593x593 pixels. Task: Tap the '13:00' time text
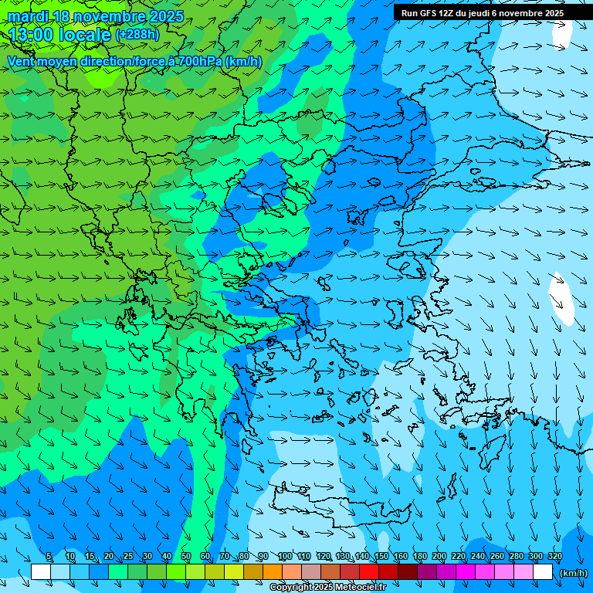click(32, 35)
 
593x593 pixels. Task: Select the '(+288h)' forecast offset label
click(137, 35)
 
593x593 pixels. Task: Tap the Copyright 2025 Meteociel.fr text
click(327, 587)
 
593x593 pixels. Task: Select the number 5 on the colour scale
click(49, 556)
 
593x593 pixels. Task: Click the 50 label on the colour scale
click(185, 556)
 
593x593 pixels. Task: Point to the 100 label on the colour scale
click(284, 556)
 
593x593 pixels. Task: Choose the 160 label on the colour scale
click(400, 556)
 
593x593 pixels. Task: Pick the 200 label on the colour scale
click(439, 556)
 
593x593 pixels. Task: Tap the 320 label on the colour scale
click(554, 556)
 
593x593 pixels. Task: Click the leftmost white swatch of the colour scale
click(41, 571)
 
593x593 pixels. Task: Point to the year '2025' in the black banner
click(551, 13)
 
